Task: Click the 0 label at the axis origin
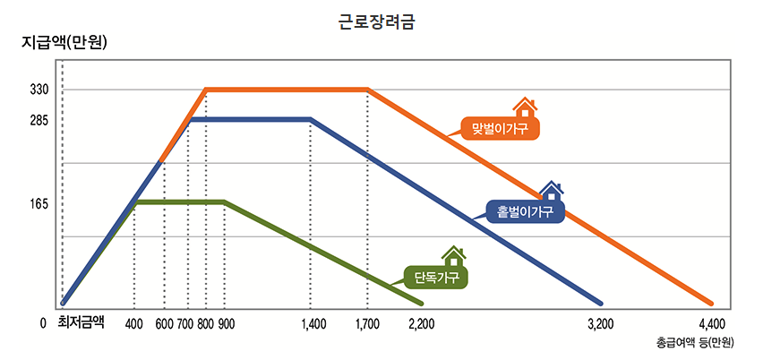coord(43,323)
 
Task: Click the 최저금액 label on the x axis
coord(81,322)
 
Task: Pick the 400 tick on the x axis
coord(134,323)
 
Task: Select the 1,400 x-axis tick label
coord(314,323)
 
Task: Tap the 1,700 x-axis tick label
coord(368,323)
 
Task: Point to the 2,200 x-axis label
coord(421,323)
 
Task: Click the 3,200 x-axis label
coord(600,323)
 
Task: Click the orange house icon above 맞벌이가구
coord(524,107)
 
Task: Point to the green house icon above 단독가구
coord(453,256)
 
